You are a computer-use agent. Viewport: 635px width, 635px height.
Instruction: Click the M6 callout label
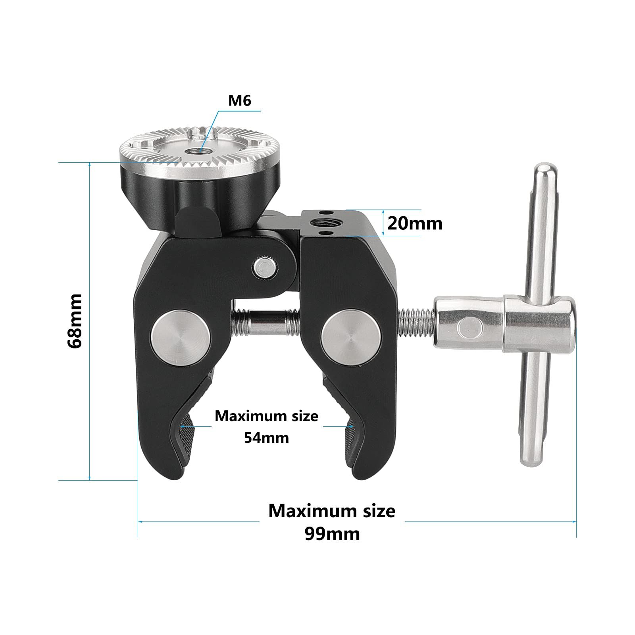(x=240, y=101)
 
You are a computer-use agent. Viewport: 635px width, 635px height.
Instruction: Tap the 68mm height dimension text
(x=75, y=321)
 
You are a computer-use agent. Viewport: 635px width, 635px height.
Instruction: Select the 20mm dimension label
(x=415, y=223)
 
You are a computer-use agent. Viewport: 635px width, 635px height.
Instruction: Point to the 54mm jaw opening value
(x=266, y=438)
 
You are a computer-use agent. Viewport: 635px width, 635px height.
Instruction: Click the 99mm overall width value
(x=332, y=534)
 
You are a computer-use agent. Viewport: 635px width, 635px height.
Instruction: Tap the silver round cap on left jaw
(x=181, y=337)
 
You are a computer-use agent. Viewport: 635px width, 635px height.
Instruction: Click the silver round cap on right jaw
(x=351, y=337)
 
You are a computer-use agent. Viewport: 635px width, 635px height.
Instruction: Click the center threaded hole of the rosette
(x=194, y=151)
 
